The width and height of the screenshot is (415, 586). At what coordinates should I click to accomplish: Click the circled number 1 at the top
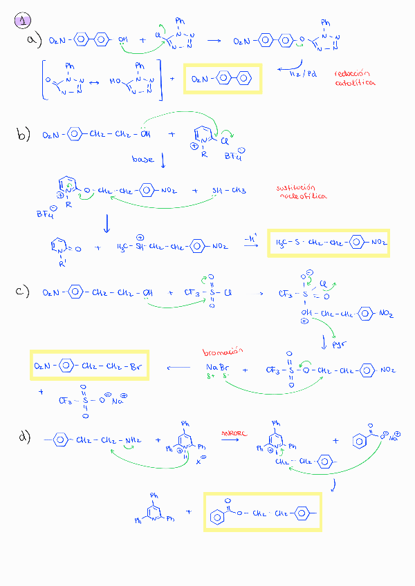22,21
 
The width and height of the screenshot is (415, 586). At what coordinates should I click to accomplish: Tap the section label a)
33,41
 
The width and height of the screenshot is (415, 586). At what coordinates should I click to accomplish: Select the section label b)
25,135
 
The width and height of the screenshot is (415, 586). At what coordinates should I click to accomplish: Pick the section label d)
25,437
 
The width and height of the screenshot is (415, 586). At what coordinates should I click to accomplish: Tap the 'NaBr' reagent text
216,366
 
